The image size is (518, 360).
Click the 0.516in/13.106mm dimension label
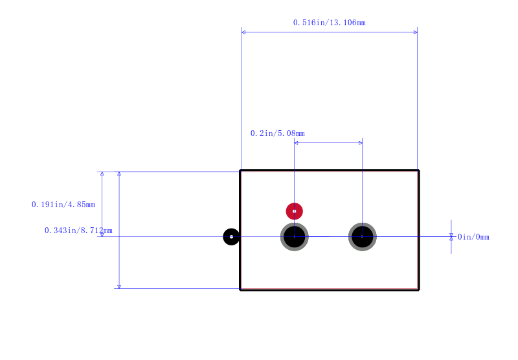coord(330,23)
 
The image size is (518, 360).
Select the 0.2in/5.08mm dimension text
coord(278,133)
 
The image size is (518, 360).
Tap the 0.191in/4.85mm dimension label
coord(63,205)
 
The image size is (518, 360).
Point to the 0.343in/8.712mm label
coord(78,231)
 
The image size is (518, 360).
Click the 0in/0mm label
coord(473,237)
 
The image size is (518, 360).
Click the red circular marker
coord(295,211)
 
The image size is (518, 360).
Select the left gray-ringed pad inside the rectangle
coord(295,237)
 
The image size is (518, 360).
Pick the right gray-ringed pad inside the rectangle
coord(363,237)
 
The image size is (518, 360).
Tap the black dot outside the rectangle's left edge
coord(231,237)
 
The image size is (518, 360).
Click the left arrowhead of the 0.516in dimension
coord(243,32)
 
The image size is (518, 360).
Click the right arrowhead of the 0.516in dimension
coord(416,32)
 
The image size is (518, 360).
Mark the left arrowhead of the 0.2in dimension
coord(296,143)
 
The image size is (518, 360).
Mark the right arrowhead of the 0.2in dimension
coord(361,143)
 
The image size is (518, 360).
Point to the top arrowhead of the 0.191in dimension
coord(102,174)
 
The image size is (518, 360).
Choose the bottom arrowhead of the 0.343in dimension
coord(119,287)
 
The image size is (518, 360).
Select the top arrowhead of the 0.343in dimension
coord(119,174)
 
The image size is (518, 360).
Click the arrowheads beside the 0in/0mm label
coord(451,237)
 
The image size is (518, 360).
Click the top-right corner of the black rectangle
coord(418,170)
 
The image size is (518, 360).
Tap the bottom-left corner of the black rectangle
coord(240,289)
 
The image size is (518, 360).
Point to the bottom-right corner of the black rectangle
coord(418,289)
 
